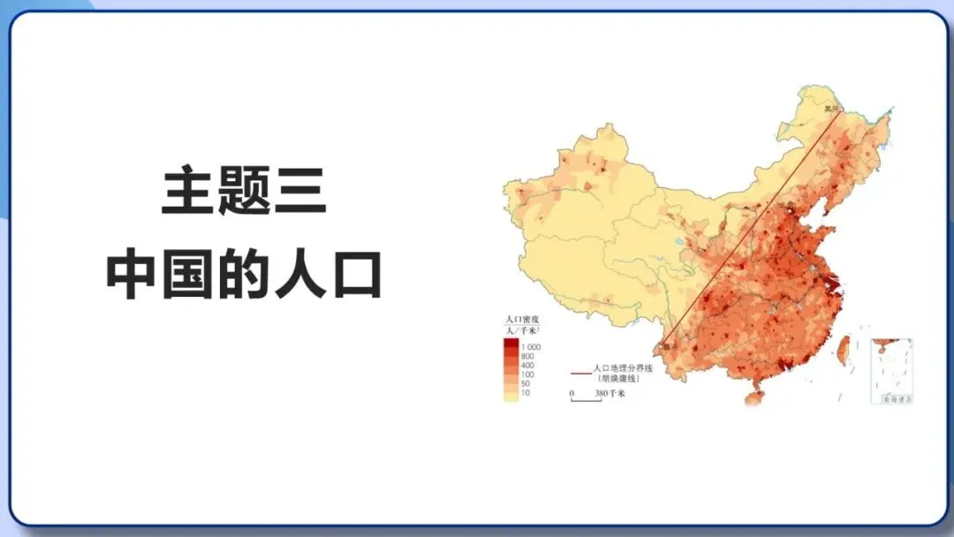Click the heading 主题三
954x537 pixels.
244,193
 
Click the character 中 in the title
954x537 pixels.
129,276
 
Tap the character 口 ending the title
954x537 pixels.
357,276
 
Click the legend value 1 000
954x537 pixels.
532,348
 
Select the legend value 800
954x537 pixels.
528,357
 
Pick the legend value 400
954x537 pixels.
528,366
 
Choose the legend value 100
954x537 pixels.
528,375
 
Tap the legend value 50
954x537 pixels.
526,384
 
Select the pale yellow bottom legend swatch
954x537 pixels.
511,395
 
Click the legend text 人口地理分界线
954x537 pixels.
622,367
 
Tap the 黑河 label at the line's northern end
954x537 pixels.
828,109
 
